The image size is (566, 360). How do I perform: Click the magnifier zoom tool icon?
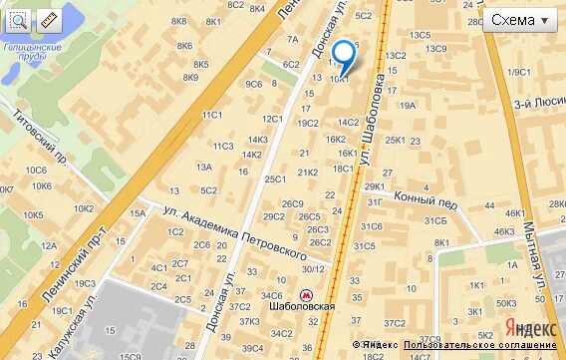click(19, 20)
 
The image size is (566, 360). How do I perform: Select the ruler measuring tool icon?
click(47, 20)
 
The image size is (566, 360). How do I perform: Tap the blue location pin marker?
click(343, 55)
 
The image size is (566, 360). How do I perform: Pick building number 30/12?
click(314, 268)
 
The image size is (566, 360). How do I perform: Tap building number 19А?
click(407, 104)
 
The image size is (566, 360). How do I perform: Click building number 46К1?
click(514, 212)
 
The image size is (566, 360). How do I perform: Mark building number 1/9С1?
click(518, 72)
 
